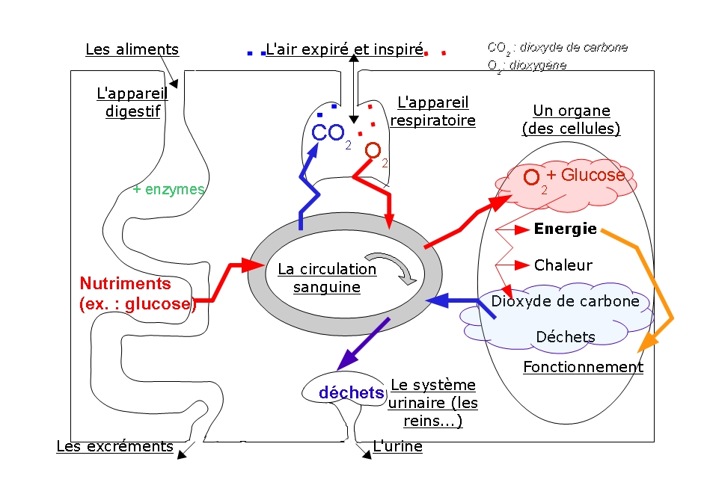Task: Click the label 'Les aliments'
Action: (132, 49)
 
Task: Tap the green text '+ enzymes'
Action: (168, 189)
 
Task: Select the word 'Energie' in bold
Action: (566, 229)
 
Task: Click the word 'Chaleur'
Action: (563, 265)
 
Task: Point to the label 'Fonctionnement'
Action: (583, 367)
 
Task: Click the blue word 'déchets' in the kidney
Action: (351, 392)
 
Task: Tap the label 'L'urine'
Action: (398, 446)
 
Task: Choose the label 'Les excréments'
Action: (114, 446)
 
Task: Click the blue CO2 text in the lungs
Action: (331, 135)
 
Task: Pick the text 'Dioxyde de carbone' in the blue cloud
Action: (566, 301)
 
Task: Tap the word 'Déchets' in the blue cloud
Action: (566, 337)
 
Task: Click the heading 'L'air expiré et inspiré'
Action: (345, 49)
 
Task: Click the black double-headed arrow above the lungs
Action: (354, 89)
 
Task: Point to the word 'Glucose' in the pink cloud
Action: (593, 175)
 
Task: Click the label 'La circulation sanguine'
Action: (327, 278)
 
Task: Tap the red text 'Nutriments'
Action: (126, 283)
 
